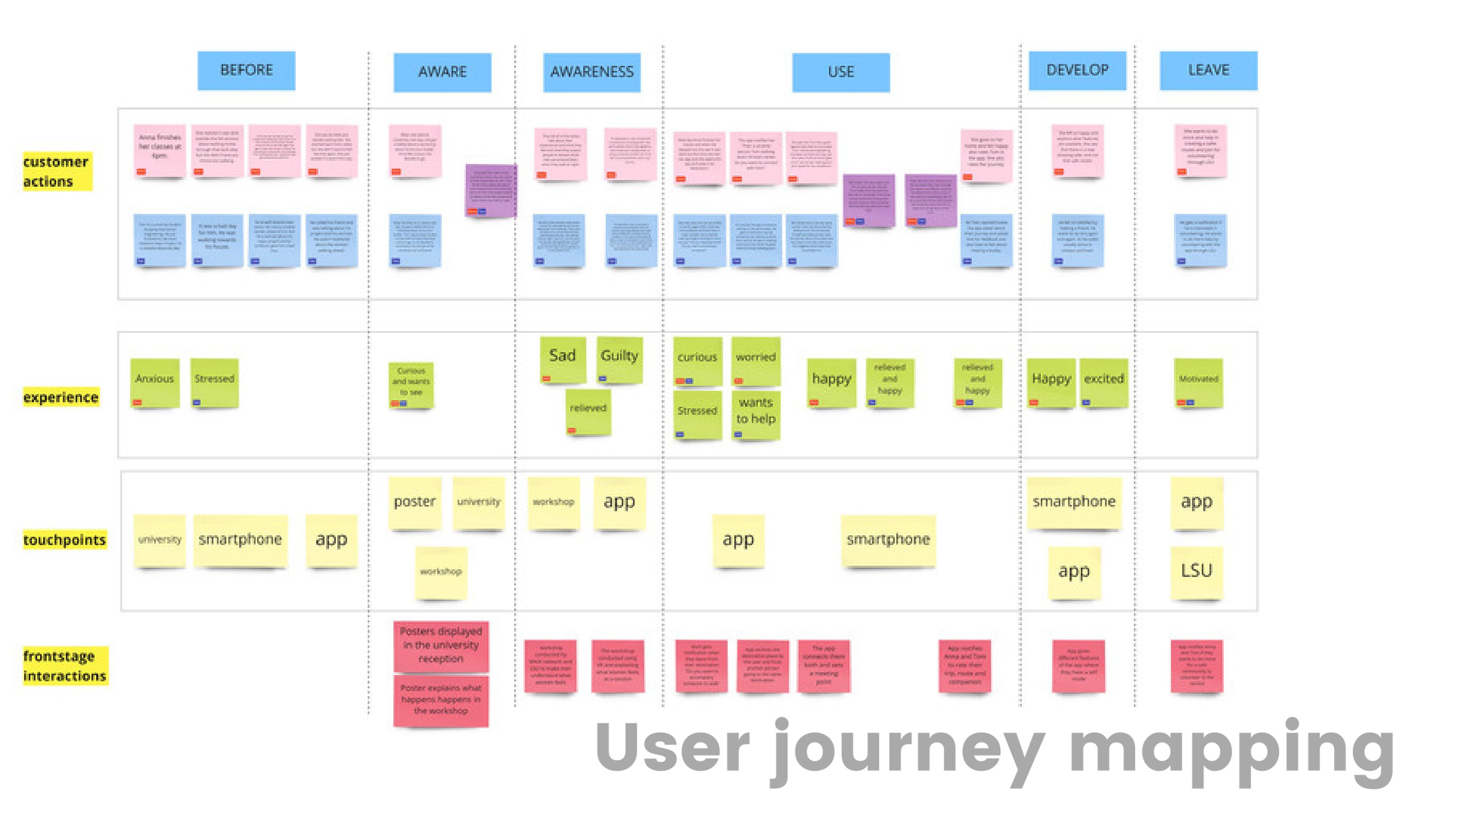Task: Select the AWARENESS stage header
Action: (x=591, y=73)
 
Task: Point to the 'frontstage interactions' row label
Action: (x=64, y=666)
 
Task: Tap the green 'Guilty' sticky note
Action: (x=619, y=360)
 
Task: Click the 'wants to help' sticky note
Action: (x=755, y=414)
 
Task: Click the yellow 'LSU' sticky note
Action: (x=1197, y=571)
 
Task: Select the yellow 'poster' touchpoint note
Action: (x=414, y=502)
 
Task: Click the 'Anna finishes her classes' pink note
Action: (x=160, y=151)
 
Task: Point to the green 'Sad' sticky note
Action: (x=562, y=359)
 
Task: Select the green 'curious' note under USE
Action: (x=697, y=361)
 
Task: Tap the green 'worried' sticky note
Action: (x=755, y=361)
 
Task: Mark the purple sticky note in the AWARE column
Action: (x=490, y=190)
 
